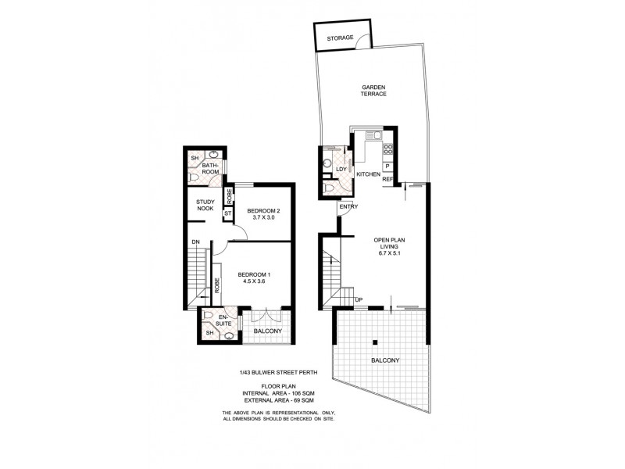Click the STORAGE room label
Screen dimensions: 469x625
[341, 38]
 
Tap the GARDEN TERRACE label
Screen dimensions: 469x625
[373, 91]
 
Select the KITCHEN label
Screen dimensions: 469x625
[368, 174]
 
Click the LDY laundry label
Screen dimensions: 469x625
[341, 169]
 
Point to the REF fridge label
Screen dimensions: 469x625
[387, 180]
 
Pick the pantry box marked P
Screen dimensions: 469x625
[387, 166]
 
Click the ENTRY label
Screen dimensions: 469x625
[348, 206]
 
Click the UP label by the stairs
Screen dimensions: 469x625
[359, 300]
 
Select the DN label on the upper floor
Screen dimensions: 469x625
[196, 242]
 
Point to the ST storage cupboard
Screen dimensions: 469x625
[228, 212]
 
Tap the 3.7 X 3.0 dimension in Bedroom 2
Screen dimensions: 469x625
[263, 219]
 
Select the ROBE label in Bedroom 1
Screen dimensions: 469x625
[216, 285]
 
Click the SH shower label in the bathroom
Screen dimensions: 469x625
[195, 159]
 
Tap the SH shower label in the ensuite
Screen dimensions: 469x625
[209, 334]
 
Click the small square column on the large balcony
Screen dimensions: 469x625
[376, 342]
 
